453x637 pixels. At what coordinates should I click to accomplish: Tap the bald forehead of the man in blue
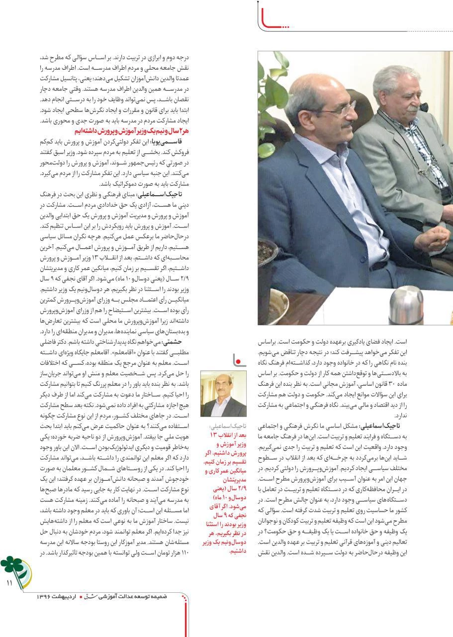click(x=318, y=90)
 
